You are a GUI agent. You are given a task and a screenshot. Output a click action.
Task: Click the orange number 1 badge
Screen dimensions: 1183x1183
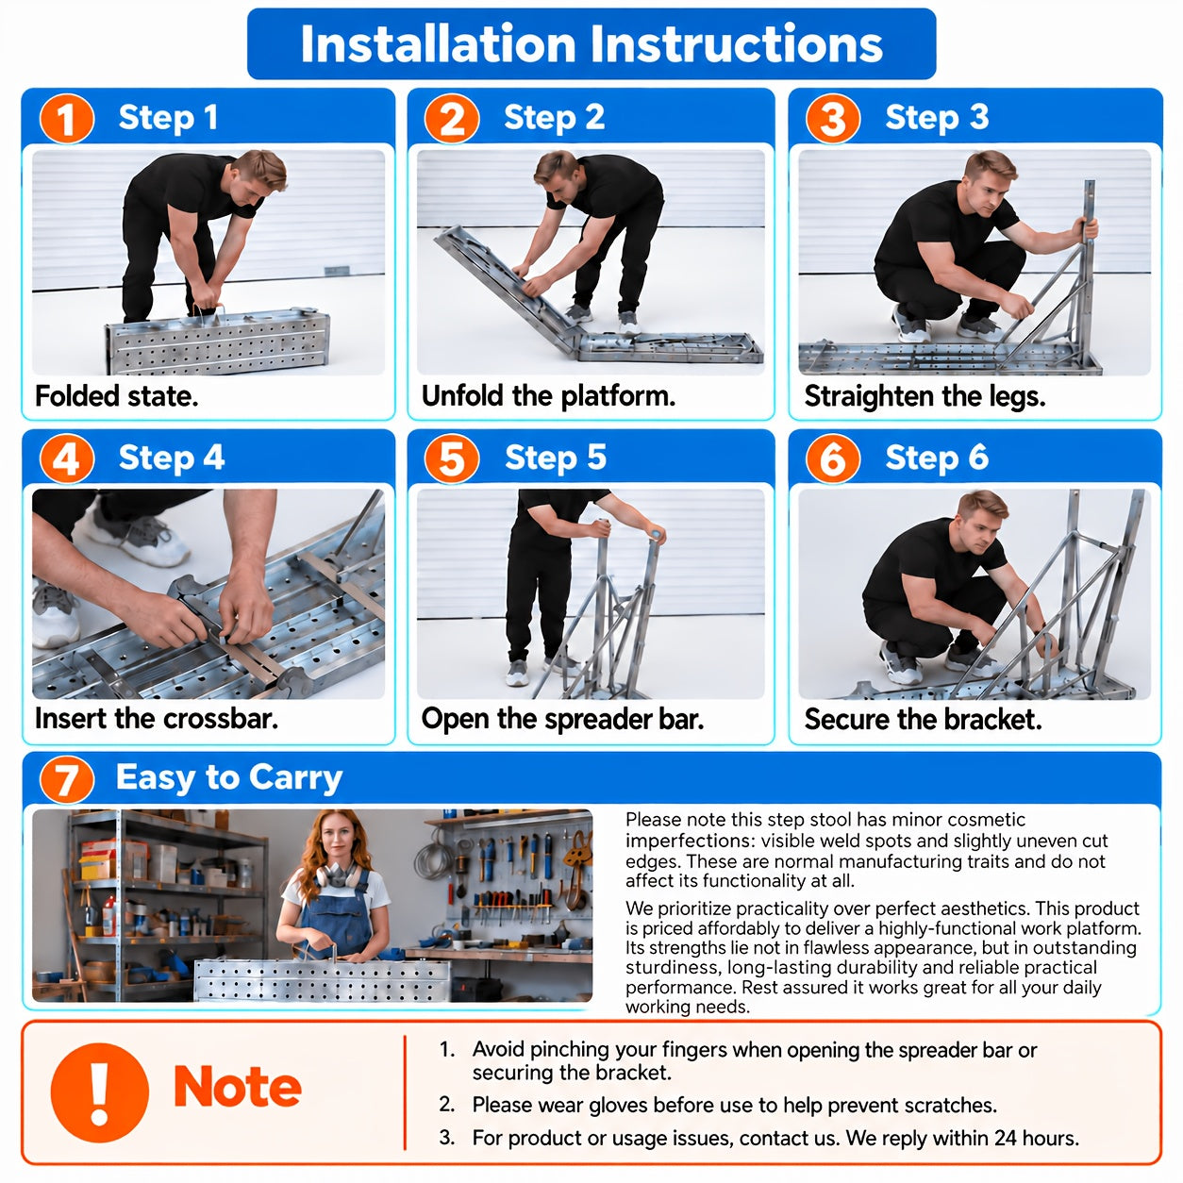tap(66, 119)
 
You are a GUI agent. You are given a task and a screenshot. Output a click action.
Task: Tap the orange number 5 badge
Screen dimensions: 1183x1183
tap(451, 458)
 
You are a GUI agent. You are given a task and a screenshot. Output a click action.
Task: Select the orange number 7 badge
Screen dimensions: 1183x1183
tap(66, 779)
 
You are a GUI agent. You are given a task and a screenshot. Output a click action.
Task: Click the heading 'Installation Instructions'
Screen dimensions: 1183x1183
tap(591, 44)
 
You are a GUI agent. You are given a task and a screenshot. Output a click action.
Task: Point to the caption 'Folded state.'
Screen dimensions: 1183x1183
tap(117, 396)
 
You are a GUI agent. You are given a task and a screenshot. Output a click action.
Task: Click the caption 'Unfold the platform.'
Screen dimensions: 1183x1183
tap(548, 396)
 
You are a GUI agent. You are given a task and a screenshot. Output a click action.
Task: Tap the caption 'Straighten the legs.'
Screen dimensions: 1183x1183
tap(925, 396)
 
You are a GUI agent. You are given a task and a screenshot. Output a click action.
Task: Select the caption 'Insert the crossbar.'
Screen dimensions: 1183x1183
tap(157, 718)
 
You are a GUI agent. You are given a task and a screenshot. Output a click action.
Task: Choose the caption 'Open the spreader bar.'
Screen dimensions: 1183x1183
tap(562, 719)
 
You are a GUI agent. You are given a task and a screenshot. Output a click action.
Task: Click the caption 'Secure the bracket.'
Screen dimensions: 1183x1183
tap(924, 719)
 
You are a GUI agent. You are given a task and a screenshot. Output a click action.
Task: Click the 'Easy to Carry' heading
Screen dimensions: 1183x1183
tap(229, 778)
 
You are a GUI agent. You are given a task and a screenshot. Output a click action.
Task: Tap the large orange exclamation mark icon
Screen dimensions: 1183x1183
tap(99, 1092)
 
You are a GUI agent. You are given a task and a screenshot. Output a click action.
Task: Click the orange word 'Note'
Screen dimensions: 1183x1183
tap(238, 1087)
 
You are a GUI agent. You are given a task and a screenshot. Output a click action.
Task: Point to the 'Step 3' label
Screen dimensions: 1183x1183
tap(937, 117)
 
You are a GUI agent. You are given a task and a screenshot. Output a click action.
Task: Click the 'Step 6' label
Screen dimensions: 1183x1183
tap(937, 458)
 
